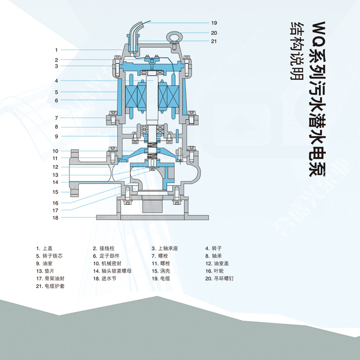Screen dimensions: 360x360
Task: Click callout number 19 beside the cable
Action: (214, 23)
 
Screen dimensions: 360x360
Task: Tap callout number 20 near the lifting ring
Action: (214, 33)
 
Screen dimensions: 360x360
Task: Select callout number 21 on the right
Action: (214, 41)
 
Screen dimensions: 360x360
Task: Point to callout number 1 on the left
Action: (56, 50)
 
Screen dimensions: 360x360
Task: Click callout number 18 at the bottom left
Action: (55, 218)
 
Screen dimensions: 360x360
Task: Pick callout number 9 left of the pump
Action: (56, 136)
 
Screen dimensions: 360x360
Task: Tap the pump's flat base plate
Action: (152, 217)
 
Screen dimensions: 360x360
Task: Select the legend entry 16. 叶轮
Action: (214, 271)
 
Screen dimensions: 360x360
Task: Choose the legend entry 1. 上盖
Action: (44, 248)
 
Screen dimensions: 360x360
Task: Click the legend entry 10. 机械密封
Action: (107, 263)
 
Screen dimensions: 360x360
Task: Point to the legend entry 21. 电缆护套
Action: (50, 286)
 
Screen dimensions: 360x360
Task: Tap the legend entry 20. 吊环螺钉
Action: (219, 278)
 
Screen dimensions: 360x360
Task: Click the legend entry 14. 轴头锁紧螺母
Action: (112, 271)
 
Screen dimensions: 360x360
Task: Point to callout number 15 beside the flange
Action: (55, 192)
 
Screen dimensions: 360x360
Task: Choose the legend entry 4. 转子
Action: (213, 248)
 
